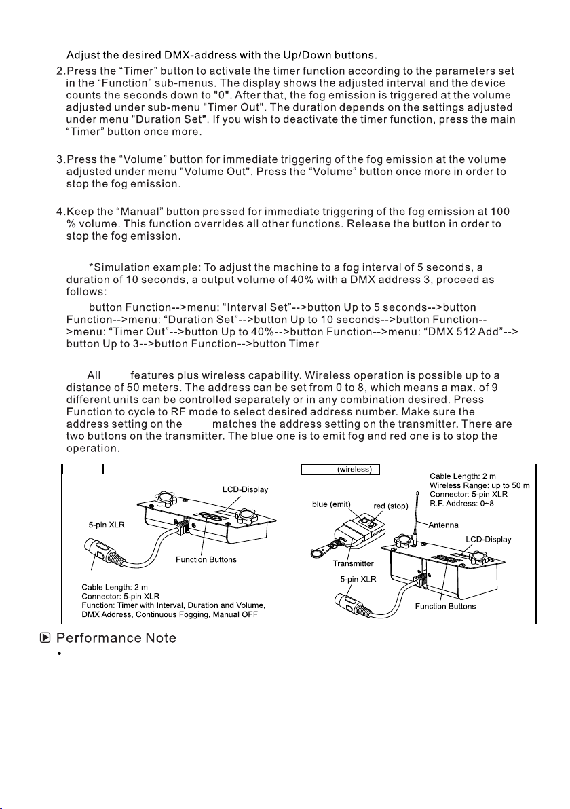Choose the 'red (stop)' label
(391, 506)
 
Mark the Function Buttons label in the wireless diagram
(445, 606)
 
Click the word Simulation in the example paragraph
(120, 268)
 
